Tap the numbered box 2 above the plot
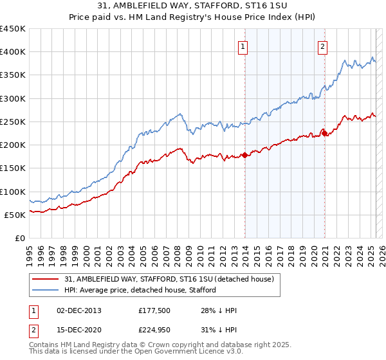322,46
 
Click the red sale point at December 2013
244,155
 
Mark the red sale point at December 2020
325,133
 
